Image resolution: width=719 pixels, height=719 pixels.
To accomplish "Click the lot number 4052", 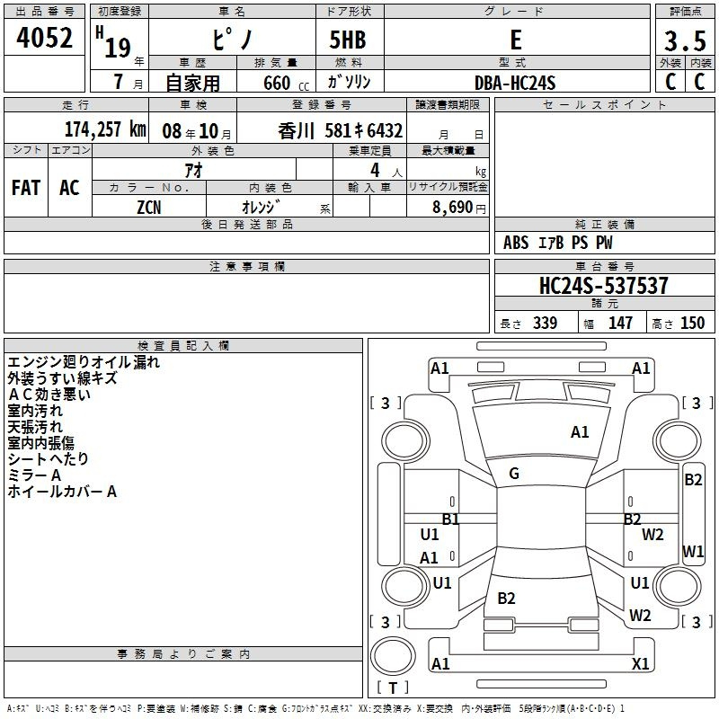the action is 44,38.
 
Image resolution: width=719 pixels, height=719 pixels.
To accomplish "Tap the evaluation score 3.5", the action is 685,41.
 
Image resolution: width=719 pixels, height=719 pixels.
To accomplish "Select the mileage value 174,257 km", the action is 105,129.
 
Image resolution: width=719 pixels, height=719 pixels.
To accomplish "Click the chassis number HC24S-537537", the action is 603,285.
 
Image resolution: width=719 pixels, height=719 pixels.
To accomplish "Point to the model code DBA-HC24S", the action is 515,83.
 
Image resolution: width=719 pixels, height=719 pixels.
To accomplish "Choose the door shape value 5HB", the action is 348,40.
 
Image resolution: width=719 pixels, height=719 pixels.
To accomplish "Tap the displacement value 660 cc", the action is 286,84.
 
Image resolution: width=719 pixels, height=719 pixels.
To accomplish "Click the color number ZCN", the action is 149,208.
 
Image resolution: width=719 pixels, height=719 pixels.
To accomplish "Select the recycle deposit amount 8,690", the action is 453,208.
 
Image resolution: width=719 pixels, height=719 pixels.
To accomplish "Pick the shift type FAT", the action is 26,188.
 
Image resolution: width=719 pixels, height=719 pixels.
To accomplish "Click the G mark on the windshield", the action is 514,474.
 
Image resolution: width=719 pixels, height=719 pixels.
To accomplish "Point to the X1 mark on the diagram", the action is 641,663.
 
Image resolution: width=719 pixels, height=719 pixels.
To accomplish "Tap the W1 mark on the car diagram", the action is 693,551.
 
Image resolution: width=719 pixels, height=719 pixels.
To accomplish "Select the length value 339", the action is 545,323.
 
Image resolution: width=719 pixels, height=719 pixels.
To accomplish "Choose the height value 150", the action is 692,323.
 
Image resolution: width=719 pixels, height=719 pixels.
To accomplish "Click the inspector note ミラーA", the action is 34,475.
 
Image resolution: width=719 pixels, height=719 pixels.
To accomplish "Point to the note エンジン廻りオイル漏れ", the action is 84,362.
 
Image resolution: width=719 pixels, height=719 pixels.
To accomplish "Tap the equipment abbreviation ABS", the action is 516,243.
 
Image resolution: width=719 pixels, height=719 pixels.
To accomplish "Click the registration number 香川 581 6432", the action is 341,131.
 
